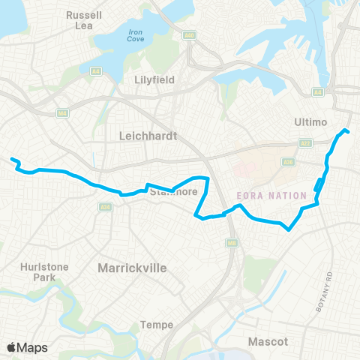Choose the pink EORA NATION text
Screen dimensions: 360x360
(261, 194)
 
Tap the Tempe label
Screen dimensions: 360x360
(157, 325)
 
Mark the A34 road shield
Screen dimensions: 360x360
(106, 207)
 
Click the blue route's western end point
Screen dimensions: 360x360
(12, 158)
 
